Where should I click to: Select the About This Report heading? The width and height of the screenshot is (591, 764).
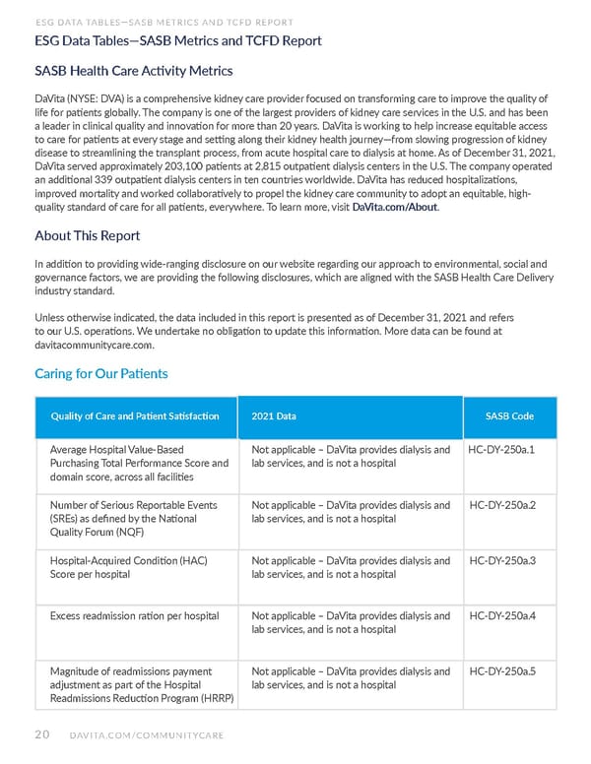(x=87, y=236)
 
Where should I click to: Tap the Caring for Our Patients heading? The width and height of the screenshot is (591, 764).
(x=100, y=373)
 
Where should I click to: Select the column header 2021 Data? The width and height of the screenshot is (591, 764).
(x=274, y=416)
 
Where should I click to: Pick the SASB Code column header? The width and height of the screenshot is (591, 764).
(x=510, y=416)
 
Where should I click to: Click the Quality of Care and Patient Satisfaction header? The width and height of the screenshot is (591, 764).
(x=134, y=416)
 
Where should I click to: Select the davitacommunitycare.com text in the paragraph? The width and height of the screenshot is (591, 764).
(x=94, y=346)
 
